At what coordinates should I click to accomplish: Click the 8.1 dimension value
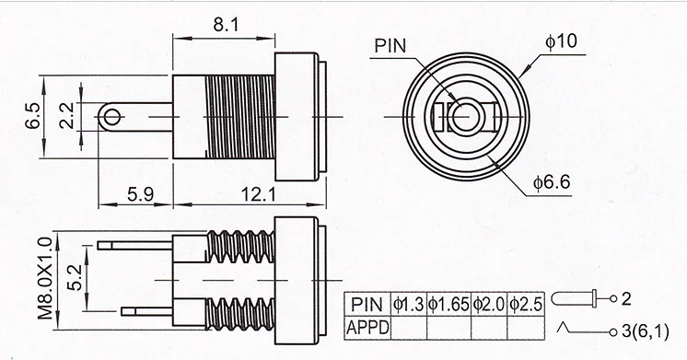click(226, 25)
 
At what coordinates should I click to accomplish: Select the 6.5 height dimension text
click(33, 116)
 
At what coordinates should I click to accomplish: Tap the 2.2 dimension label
click(66, 116)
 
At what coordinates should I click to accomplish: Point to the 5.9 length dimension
click(141, 194)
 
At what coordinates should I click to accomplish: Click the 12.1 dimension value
click(259, 194)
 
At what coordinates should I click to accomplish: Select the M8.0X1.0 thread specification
click(45, 278)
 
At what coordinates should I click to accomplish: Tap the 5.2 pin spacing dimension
click(75, 279)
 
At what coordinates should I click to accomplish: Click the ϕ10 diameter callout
click(561, 41)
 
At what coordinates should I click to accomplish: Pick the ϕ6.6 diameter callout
click(552, 182)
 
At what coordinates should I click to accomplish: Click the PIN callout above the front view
click(390, 45)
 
